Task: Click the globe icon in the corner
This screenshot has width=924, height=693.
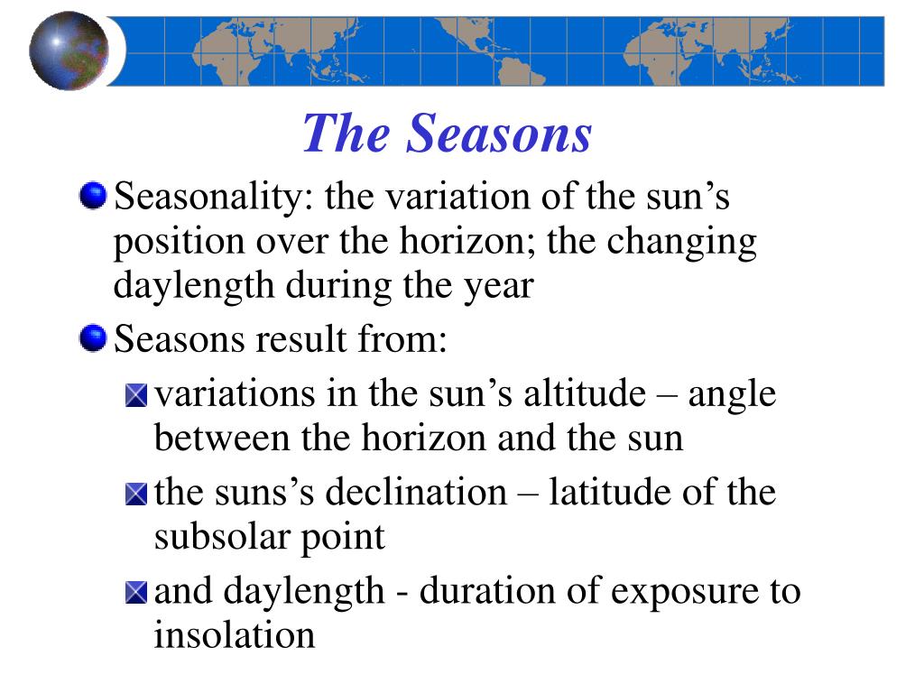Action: click(x=69, y=51)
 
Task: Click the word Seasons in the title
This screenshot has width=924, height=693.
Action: click(x=498, y=134)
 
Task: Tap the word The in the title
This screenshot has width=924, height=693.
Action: click(x=346, y=134)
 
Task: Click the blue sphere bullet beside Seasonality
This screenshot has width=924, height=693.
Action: click(x=93, y=195)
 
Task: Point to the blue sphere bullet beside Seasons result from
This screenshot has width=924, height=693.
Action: click(x=93, y=337)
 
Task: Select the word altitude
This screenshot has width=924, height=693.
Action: click(x=585, y=393)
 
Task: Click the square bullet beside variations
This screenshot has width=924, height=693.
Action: click(x=136, y=395)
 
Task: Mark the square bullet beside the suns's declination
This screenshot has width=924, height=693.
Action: click(x=136, y=494)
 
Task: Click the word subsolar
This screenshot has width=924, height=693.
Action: click(x=223, y=536)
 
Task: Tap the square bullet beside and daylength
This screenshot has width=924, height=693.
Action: click(x=136, y=592)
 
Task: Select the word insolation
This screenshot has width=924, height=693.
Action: click(x=235, y=634)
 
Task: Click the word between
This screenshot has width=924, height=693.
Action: click(x=223, y=438)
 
